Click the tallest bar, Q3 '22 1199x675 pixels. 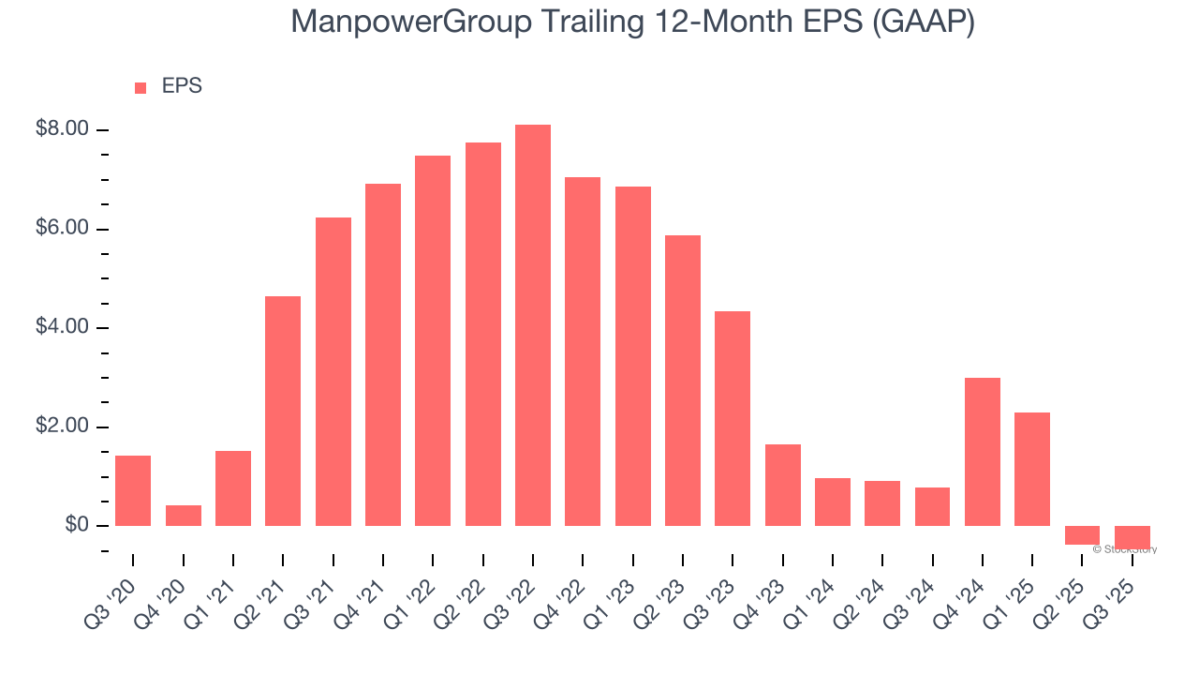[x=533, y=325]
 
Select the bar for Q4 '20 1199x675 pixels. [x=184, y=516]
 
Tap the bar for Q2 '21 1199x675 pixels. [x=283, y=411]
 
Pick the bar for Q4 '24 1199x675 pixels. [x=983, y=452]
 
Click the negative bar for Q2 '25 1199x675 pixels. [x=1082, y=535]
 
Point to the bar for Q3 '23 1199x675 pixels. [x=733, y=418]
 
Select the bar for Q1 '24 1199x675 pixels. [x=833, y=502]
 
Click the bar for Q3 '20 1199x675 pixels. [x=133, y=490]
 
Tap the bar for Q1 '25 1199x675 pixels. [x=1032, y=469]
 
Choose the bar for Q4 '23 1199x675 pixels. [x=782, y=485]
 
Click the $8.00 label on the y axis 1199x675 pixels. [x=62, y=129]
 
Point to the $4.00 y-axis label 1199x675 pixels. [x=62, y=327]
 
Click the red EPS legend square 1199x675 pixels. [x=141, y=88]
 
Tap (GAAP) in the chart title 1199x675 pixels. [x=923, y=22]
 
